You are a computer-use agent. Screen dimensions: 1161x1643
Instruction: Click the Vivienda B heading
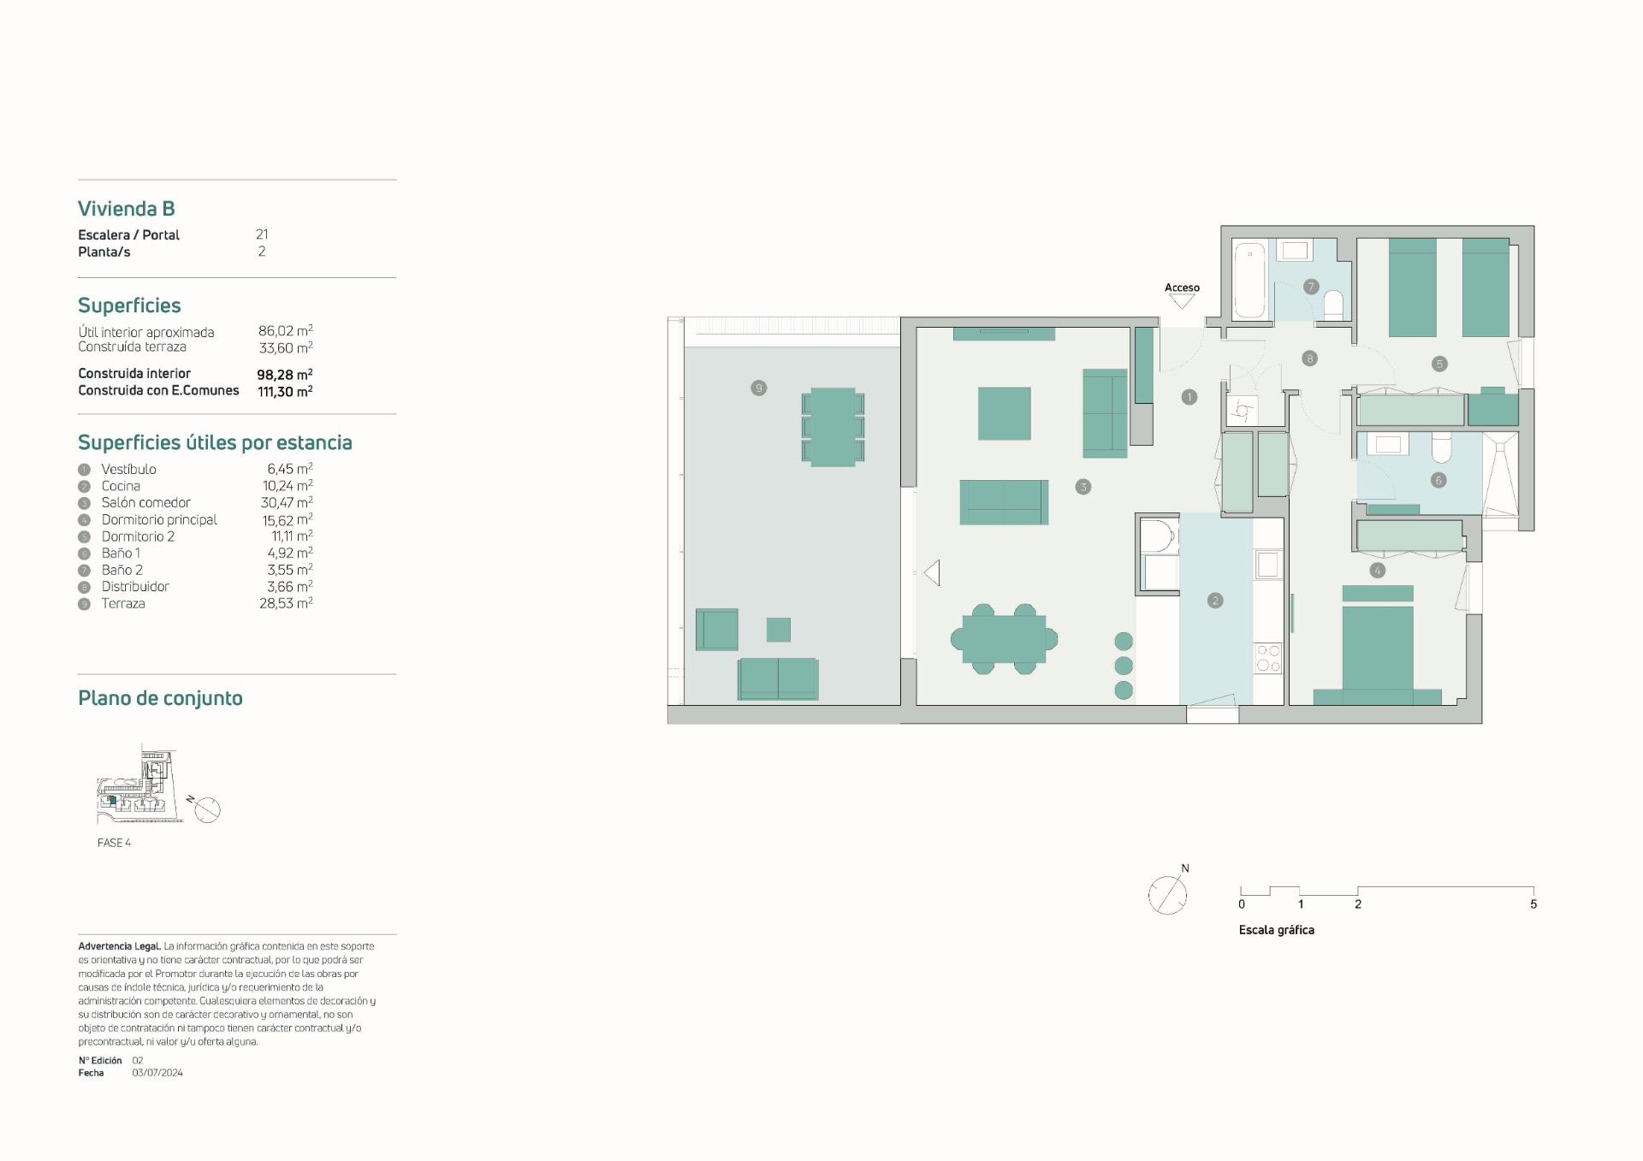coord(126,209)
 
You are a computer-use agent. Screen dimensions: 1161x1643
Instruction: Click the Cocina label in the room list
coord(121,486)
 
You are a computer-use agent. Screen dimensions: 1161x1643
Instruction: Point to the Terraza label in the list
coord(123,603)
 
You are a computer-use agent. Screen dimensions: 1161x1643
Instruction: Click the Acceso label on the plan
coord(1182,287)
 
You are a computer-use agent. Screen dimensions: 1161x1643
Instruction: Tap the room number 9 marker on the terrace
coord(758,388)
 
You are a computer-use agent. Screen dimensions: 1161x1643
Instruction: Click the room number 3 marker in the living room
coord(1083,487)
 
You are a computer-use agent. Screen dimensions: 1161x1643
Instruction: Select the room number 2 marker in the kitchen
coord(1215,601)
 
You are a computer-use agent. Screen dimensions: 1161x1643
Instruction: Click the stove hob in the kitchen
coord(1267,659)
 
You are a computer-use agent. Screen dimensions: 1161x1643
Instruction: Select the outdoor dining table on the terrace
coord(833,427)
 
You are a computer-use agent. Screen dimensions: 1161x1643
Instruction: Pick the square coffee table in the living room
coord(1005,413)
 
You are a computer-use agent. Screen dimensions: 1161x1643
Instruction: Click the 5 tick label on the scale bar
coord(1533,904)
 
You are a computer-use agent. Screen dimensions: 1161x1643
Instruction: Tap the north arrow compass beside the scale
coord(1167,895)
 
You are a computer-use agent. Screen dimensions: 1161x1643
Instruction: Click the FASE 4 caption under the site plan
coord(114,843)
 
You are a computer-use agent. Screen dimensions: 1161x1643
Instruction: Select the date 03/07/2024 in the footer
coord(157,1073)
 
